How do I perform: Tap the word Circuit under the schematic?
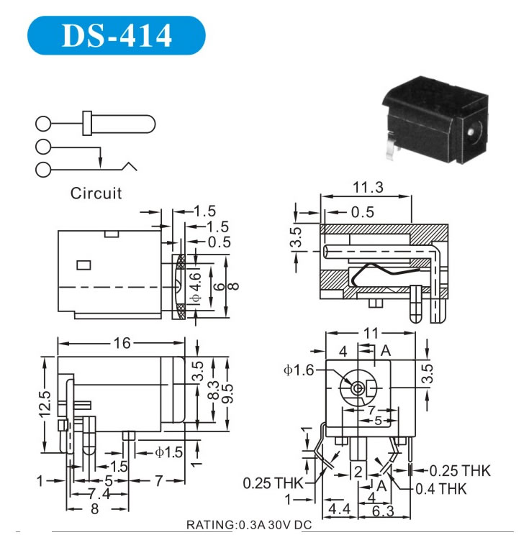96,193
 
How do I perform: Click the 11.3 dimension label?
367,188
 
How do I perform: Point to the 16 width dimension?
121,344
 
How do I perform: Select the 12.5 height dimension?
45,404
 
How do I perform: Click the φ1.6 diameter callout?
299,370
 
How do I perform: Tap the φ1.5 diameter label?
170,452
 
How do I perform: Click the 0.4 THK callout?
441,489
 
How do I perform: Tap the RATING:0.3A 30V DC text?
248,524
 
